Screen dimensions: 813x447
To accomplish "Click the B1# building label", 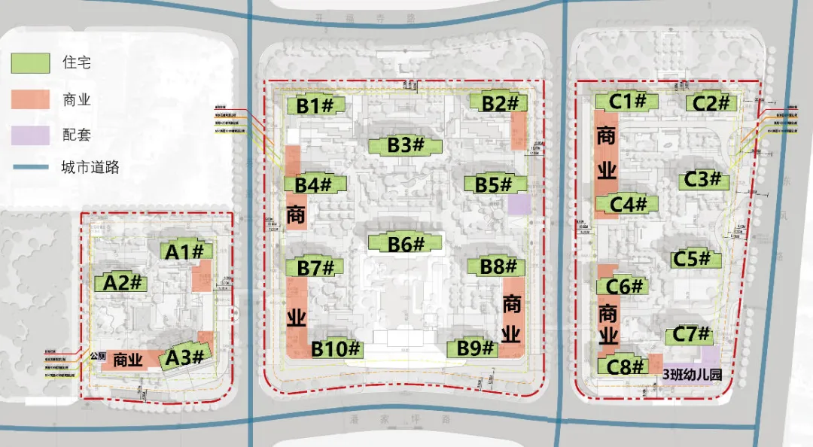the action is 315,106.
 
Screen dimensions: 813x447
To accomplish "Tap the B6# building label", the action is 406,244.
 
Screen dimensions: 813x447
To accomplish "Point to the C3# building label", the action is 704,180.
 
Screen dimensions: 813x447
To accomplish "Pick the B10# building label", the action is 336,348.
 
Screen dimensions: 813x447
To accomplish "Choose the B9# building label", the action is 475,348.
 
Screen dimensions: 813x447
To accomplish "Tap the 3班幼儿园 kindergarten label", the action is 692,372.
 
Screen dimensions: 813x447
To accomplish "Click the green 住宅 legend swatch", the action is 31,63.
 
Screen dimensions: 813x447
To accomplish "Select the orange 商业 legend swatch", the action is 31,99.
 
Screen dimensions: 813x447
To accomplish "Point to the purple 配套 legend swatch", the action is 31,135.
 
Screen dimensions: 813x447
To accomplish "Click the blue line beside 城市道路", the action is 31,167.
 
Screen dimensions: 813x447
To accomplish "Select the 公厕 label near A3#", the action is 97,357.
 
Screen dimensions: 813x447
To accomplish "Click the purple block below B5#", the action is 518,205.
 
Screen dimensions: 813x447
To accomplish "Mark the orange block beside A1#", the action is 201,278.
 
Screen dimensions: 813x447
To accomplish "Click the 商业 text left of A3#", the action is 129,360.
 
